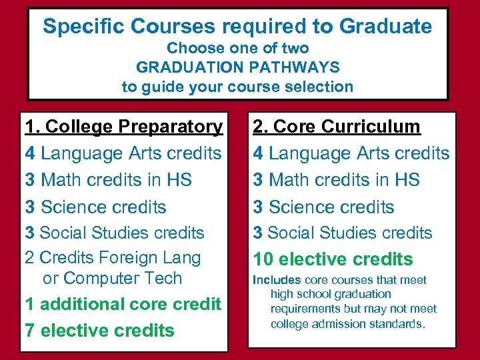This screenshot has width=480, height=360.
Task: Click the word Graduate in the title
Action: point(385,27)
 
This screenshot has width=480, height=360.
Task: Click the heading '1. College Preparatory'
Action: point(124,126)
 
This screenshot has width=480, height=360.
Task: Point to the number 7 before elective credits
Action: point(29,330)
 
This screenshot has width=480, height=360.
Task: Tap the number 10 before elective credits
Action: point(263,259)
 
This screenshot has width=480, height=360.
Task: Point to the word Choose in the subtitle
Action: point(189,48)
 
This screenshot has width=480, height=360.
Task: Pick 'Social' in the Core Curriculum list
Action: point(295,233)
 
